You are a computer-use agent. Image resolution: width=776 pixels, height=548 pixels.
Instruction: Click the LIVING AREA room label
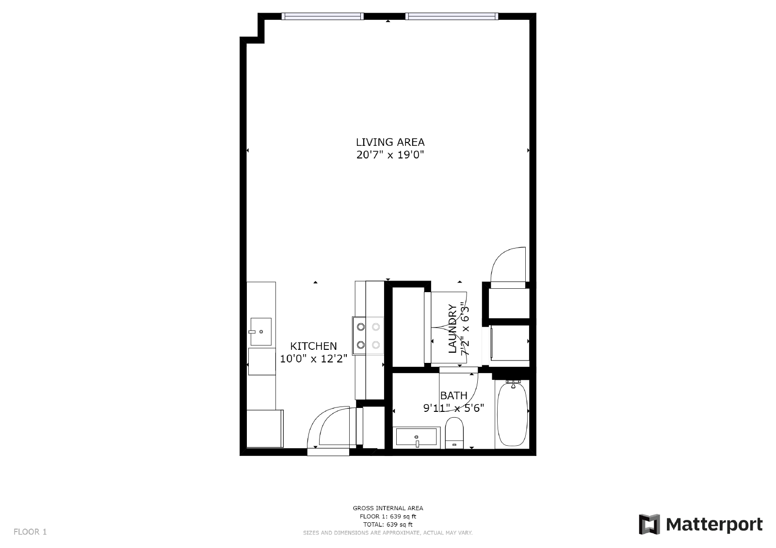[x=390, y=142]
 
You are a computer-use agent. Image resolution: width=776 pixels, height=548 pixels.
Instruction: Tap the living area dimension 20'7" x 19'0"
[x=390, y=155]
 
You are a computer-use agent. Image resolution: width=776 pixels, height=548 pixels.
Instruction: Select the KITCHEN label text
[x=313, y=346]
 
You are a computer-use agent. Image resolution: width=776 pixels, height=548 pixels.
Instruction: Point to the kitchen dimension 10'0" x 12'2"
[x=313, y=359]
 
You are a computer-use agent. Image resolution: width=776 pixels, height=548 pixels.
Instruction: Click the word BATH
[x=454, y=395]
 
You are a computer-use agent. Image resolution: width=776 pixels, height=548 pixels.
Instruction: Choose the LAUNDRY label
[x=453, y=329]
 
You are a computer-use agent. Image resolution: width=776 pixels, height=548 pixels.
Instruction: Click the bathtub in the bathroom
[x=512, y=414]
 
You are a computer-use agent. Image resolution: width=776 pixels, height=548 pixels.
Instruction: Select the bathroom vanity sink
[x=417, y=437]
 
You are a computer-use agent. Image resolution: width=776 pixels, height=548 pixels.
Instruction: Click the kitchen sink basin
[x=261, y=331]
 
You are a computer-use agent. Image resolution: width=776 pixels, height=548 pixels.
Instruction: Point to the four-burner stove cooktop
[x=368, y=336]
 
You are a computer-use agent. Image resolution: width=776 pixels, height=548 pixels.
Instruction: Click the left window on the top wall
[x=323, y=16]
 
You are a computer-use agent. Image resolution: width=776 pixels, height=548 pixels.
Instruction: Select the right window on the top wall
[x=452, y=16]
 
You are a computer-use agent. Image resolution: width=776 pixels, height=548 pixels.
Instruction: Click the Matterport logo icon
[x=649, y=524]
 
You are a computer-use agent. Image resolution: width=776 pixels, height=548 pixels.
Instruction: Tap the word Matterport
[x=714, y=525]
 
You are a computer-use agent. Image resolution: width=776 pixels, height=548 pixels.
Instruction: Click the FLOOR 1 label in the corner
[x=30, y=532]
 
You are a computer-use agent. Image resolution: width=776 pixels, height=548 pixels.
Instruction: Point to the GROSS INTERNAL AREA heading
[x=388, y=508]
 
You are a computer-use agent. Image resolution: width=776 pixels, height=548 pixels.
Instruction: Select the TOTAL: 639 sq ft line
[x=388, y=524]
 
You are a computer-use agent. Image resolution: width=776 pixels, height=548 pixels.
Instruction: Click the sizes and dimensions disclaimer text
[x=388, y=533]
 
